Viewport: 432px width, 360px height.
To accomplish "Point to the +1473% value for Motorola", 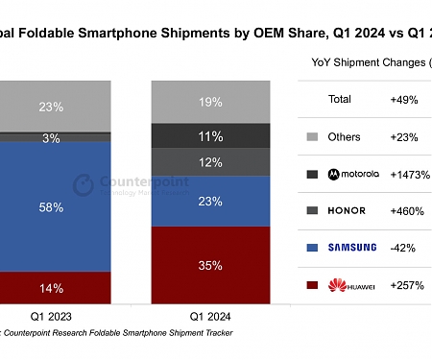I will [409, 175].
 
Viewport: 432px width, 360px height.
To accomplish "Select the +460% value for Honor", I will [406, 211].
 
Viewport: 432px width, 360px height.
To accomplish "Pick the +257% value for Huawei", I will [406, 285].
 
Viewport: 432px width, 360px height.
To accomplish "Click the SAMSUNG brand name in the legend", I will [352, 248].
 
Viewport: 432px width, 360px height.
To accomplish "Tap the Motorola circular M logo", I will [333, 175].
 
